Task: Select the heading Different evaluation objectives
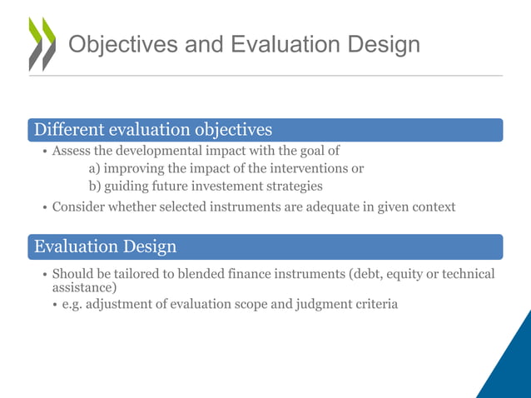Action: pyautogui.click(x=151, y=130)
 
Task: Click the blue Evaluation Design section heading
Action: pyautogui.click(x=103, y=246)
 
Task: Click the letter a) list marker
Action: pyautogui.click(x=94, y=168)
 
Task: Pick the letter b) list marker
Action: pyautogui.click(x=94, y=186)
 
